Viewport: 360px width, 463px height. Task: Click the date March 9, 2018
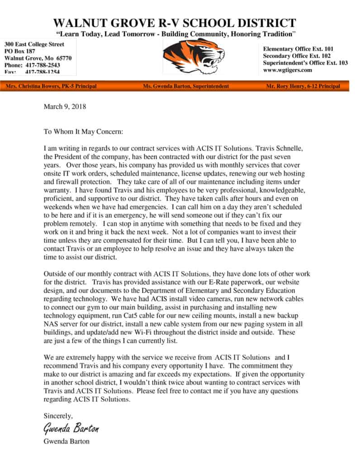pos(65,107)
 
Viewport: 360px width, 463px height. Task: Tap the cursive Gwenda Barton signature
pos(71,428)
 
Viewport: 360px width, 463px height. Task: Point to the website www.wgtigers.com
pos(288,70)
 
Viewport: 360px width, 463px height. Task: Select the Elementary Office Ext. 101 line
pos(298,48)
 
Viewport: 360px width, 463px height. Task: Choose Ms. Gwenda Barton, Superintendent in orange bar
pos(186,86)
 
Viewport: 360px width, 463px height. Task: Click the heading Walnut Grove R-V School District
pos(175,23)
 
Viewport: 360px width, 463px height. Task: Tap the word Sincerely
pos(58,415)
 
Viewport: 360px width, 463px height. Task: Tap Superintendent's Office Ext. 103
pos(305,63)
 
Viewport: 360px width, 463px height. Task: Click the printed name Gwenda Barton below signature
pos(66,441)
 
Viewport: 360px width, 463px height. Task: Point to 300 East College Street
pos(34,44)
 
